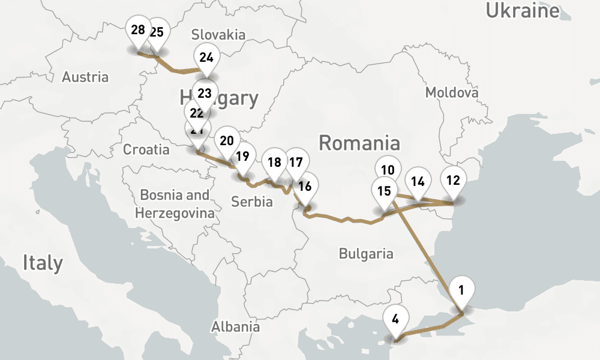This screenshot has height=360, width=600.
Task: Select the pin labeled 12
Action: (454, 180)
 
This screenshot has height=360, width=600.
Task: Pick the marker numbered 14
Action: (418, 181)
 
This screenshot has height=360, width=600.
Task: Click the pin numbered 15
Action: (385, 191)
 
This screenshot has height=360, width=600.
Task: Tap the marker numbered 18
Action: (275, 162)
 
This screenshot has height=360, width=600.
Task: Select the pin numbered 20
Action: (227, 141)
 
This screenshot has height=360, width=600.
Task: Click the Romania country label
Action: (359, 143)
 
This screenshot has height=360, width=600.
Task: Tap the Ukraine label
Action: (522, 11)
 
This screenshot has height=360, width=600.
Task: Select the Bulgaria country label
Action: (366, 253)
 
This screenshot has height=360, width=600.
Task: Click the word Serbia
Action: (252, 202)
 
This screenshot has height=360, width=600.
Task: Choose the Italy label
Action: (43, 263)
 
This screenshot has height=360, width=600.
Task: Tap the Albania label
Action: (235, 326)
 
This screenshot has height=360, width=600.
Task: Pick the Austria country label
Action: (85, 77)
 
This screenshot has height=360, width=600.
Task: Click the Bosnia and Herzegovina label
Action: (175, 204)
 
